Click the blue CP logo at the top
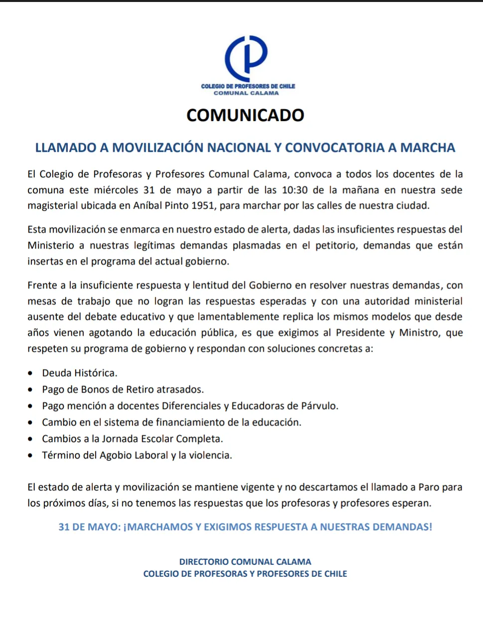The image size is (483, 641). pyautogui.click(x=246, y=58)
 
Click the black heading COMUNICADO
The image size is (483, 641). pyautogui.click(x=245, y=115)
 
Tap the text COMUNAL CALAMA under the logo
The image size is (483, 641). pyautogui.click(x=246, y=93)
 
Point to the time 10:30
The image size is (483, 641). pyautogui.click(x=294, y=190)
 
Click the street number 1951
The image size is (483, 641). pyautogui.click(x=203, y=206)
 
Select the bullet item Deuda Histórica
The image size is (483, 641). pyautogui.click(x=80, y=373)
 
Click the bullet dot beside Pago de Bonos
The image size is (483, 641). pyautogui.click(x=31, y=390)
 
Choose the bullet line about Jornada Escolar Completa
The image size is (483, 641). pyautogui.click(x=132, y=439)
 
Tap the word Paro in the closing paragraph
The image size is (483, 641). pyautogui.click(x=429, y=487)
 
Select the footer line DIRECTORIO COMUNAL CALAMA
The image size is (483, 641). pyautogui.click(x=245, y=562)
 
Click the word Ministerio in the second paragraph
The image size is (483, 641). pyautogui.click(x=52, y=246)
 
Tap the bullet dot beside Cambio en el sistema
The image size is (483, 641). pyautogui.click(x=31, y=423)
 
